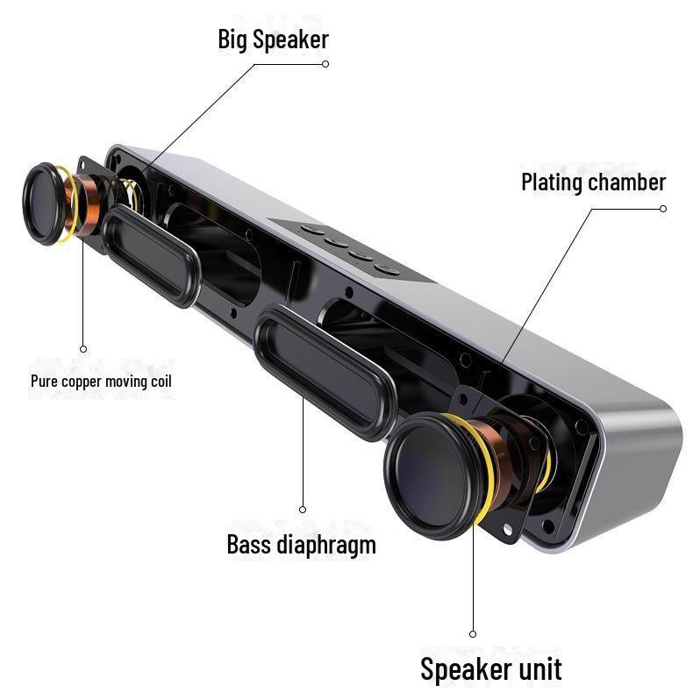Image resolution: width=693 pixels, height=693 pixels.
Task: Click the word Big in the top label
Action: (233, 40)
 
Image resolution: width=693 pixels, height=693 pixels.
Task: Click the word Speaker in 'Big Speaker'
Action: (291, 40)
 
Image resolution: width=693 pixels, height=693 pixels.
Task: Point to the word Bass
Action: (249, 545)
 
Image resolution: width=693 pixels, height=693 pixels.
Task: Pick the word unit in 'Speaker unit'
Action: (540, 669)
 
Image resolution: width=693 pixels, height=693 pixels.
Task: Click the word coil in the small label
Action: (161, 381)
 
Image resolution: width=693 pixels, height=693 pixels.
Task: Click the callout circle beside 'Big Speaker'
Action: (325, 64)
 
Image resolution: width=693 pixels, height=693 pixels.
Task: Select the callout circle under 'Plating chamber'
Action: (663, 209)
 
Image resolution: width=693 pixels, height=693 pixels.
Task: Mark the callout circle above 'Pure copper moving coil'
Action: (83, 349)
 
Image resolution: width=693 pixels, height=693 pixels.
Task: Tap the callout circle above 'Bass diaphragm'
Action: (303, 510)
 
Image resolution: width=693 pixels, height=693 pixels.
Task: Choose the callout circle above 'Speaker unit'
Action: (473, 634)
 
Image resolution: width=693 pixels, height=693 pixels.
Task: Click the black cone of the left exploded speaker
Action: (44, 204)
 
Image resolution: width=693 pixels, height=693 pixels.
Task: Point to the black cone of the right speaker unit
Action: (433, 476)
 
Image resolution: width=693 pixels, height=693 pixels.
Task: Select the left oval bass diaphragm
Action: (151, 255)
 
